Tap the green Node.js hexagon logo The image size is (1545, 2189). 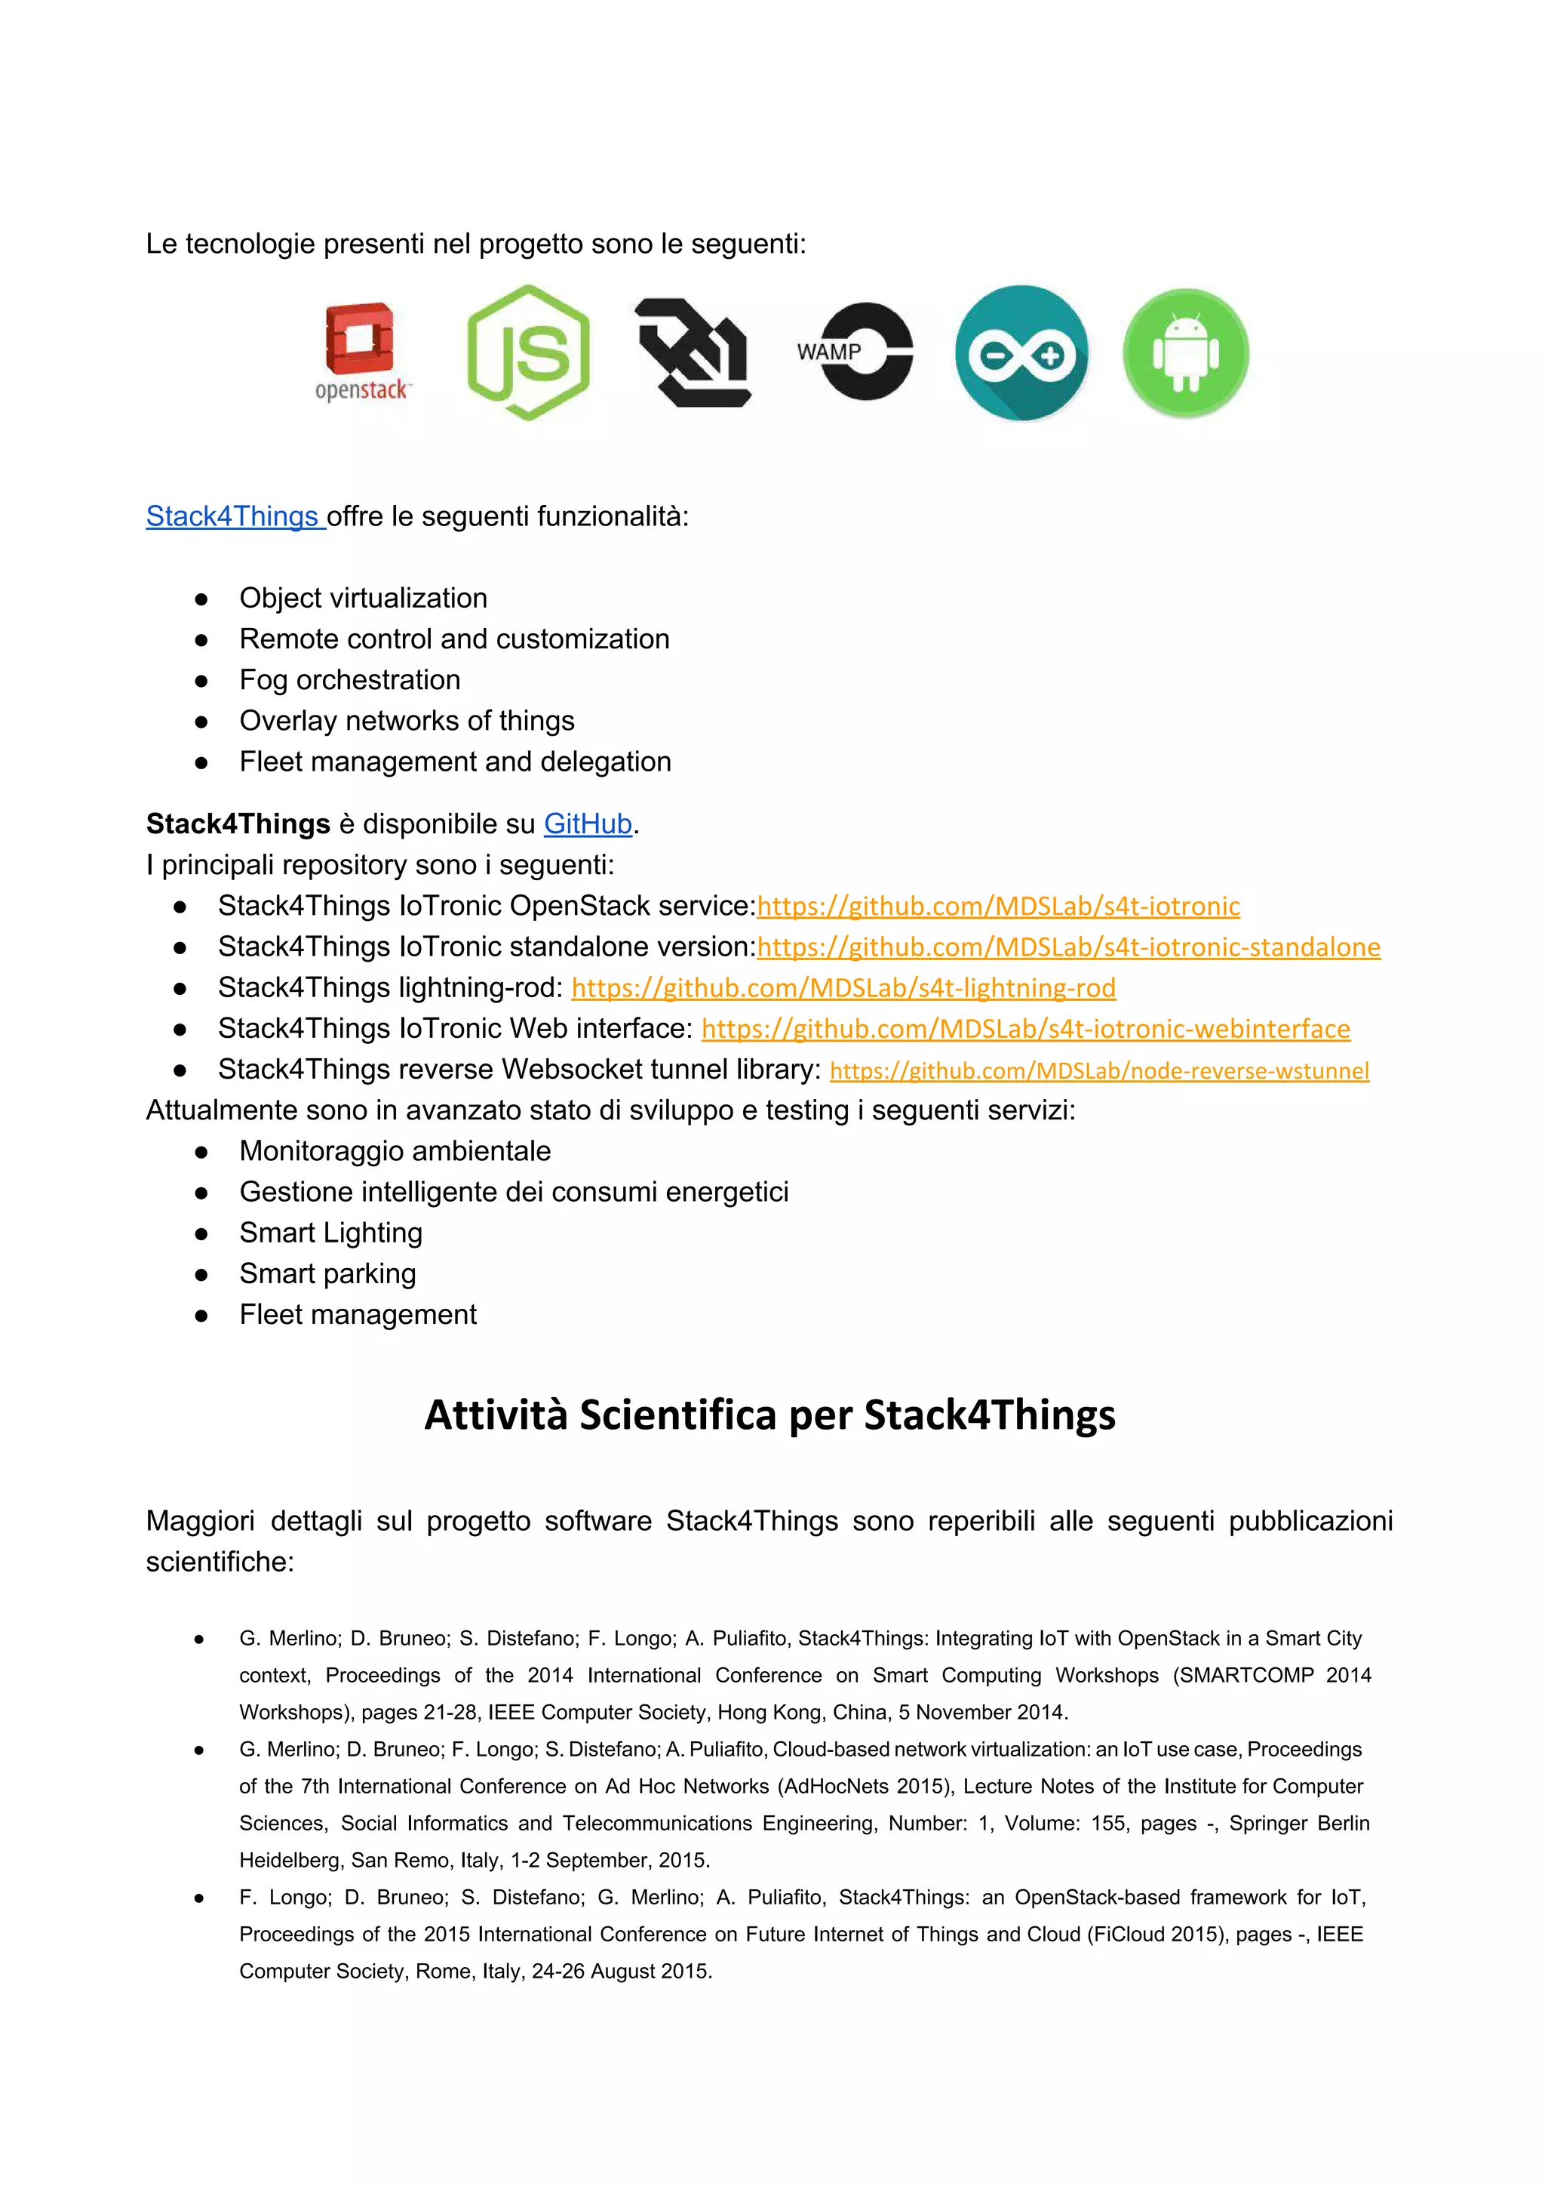coord(528,353)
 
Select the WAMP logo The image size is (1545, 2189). coord(855,352)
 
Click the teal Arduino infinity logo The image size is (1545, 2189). coord(1021,353)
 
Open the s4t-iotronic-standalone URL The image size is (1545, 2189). coord(1067,947)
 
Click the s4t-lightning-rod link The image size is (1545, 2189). coord(843,988)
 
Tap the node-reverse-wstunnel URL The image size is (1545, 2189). coord(1099,1070)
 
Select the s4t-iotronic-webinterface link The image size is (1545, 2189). coord(1025,1029)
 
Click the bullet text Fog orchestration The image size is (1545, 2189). coord(350,680)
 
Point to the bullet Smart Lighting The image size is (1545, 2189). coord(330,1233)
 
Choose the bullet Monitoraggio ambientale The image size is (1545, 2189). coord(395,1151)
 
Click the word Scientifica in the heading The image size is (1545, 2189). coord(677,1415)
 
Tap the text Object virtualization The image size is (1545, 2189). coord(363,598)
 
